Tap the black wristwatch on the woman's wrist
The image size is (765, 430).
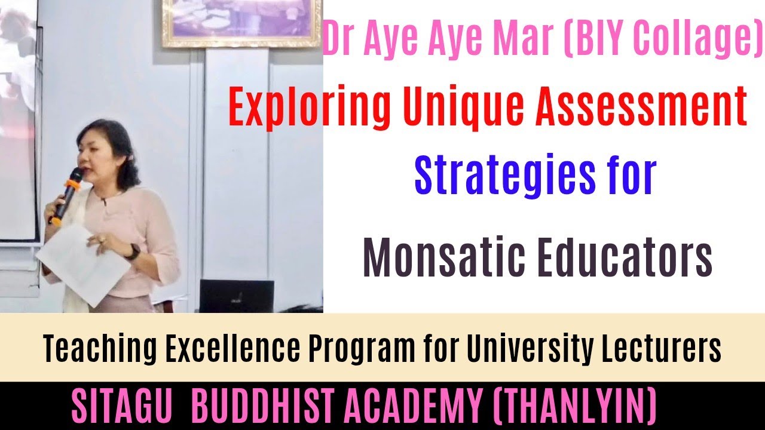coord(133,251)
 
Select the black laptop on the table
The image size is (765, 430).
coord(236,296)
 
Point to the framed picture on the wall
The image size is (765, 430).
coord(242,23)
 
